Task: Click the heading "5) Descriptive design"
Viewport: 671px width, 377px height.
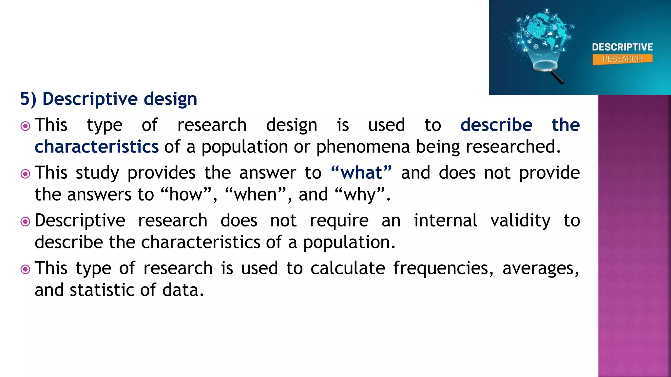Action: click(108, 99)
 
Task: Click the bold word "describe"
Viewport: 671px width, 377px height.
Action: click(496, 125)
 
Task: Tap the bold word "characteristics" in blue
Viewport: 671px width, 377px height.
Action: click(97, 147)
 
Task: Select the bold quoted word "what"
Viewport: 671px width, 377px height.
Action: click(361, 172)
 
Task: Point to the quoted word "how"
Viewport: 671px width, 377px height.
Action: click(186, 194)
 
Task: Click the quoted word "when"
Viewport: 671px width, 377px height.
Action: click(255, 194)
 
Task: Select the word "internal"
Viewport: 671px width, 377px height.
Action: click(445, 221)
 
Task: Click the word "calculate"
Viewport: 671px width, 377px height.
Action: click(347, 268)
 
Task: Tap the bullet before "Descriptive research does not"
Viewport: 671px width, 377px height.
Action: click(25, 222)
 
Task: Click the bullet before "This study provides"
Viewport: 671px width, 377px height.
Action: click(25, 174)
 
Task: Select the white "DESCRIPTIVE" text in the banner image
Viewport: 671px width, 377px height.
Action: click(622, 47)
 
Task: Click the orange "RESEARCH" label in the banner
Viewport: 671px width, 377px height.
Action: click(622, 59)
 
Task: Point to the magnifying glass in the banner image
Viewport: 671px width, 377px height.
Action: click(547, 69)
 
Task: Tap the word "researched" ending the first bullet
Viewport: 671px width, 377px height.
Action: click(513, 147)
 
